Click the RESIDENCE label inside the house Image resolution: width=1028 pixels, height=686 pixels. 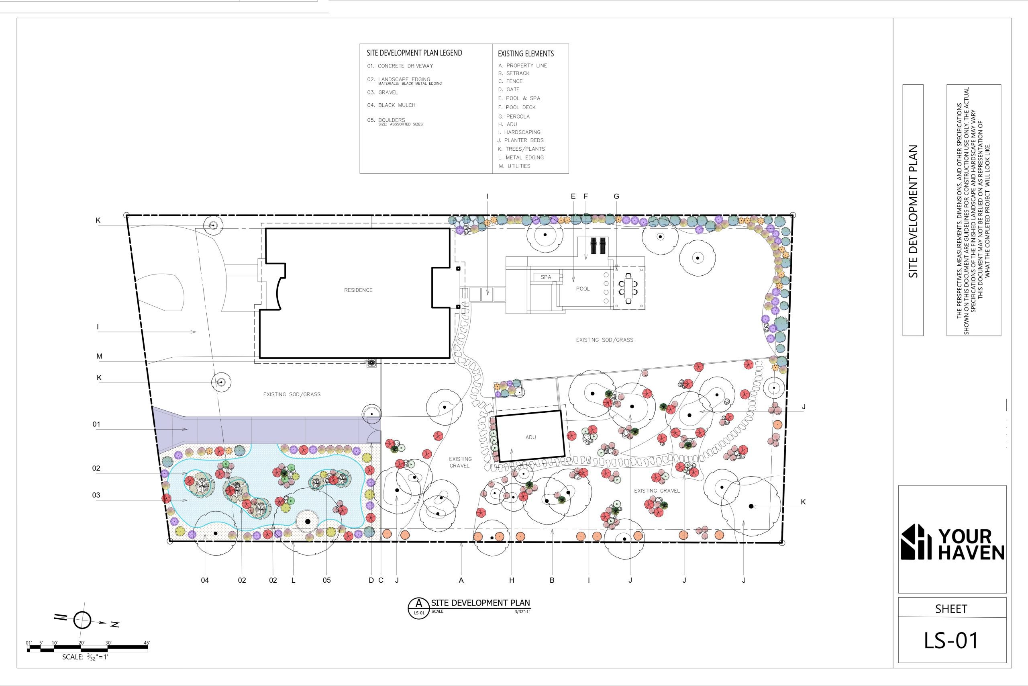[358, 290]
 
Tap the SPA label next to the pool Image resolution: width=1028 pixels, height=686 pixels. [546, 277]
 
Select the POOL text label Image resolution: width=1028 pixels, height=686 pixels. [583, 289]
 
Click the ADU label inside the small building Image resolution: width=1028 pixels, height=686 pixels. [530, 437]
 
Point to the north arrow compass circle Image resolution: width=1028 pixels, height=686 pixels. [82, 620]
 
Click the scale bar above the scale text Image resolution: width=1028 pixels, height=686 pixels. [88, 649]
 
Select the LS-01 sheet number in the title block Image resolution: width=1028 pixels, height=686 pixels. [951, 640]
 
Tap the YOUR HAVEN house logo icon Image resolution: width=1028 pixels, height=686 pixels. [916, 542]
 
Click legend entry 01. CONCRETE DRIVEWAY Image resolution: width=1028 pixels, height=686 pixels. [400, 66]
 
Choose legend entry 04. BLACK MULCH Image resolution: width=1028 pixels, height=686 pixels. [391, 105]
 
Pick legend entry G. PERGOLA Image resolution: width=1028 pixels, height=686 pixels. [514, 117]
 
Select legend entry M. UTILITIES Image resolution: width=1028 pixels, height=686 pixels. [514, 166]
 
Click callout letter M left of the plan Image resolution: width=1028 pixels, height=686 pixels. [99, 356]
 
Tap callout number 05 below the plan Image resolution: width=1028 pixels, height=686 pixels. [326, 580]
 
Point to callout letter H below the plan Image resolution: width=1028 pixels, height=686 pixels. [512, 580]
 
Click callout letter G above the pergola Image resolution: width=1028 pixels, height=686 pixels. [616, 197]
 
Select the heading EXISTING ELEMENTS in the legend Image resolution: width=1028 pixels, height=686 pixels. [526, 54]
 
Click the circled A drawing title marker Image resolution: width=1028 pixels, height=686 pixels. [419, 608]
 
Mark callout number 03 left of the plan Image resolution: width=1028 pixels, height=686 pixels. [96, 495]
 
